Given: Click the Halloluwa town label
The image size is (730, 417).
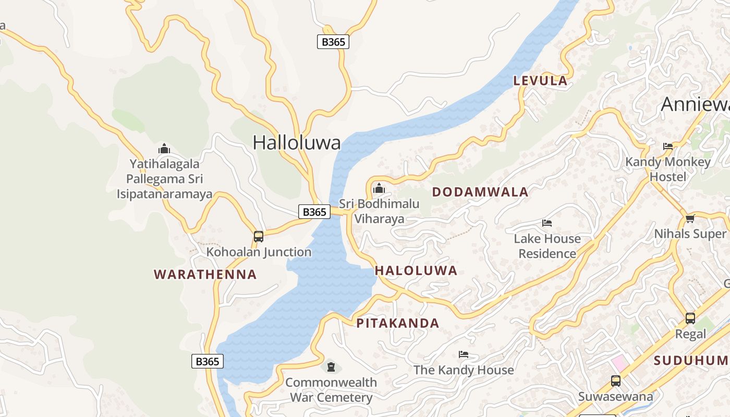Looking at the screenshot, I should (x=297, y=142).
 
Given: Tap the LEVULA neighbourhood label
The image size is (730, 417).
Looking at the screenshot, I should (x=540, y=81).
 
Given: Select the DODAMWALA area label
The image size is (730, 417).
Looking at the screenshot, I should (x=480, y=192).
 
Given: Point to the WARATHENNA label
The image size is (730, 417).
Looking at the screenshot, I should (x=205, y=274).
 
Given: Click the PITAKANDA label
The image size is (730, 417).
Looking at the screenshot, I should (x=398, y=323).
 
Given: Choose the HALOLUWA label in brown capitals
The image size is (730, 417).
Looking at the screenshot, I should (x=416, y=271).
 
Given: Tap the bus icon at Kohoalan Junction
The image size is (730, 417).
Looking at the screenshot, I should (x=259, y=237).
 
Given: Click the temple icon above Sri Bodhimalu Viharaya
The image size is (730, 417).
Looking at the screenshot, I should (x=379, y=188).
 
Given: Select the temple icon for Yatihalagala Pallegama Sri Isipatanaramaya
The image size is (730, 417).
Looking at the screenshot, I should (x=164, y=149).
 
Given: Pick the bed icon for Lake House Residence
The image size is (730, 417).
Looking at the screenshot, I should (x=547, y=223).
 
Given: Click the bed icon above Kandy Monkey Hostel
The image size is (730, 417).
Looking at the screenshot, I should (x=668, y=146).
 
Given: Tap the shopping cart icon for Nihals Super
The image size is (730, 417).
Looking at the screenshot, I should (x=690, y=218).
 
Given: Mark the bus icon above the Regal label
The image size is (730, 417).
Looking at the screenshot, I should (x=690, y=318).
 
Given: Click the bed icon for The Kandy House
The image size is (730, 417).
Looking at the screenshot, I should (x=464, y=354).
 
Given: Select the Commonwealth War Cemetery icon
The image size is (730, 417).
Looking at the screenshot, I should (x=331, y=367).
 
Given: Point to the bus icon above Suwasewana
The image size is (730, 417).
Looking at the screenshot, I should (x=616, y=381).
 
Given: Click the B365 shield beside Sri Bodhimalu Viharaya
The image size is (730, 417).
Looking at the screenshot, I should (x=314, y=212).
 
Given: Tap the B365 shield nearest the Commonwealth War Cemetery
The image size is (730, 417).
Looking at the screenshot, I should (x=208, y=361).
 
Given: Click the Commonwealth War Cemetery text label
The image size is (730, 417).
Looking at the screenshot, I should (x=331, y=390).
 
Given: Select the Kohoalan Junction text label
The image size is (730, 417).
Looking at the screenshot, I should (x=259, y=252).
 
